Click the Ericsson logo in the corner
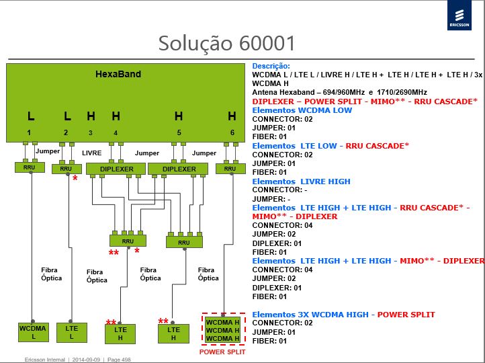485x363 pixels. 459,15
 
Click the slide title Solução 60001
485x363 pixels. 227,43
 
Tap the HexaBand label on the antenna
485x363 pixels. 118,74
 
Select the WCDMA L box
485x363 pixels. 34,332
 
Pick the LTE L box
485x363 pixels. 72,333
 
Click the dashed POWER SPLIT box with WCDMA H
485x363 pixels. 223,329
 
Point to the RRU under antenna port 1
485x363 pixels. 30,167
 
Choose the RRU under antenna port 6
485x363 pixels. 230,169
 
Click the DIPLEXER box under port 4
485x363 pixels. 116,169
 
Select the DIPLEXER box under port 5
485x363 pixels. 178,169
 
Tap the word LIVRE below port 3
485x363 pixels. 92,153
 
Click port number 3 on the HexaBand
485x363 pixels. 90,133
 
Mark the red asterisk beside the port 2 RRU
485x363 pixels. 75,178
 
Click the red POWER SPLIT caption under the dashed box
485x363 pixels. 222,352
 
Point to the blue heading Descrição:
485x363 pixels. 271,66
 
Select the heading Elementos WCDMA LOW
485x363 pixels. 302,110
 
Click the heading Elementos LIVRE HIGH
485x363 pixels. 301,182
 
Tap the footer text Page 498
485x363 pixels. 119,360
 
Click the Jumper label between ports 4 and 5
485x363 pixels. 147,153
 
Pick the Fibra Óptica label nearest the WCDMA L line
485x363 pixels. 51,274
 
